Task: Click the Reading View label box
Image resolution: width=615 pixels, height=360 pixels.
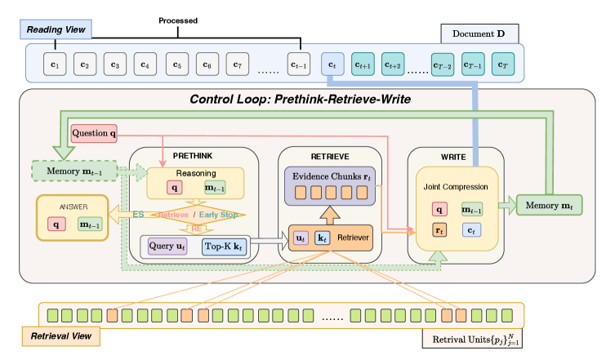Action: tap(56, 29)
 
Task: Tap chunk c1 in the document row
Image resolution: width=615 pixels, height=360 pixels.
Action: tap(55, 63)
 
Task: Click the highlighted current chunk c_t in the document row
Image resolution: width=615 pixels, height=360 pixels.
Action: tap(332, 63)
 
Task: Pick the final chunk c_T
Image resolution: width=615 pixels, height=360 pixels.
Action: tap(504, 63)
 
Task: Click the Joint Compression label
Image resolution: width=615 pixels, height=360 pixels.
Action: tap(457, 186)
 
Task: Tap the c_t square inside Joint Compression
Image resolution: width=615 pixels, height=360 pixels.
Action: tap(471, 229)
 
